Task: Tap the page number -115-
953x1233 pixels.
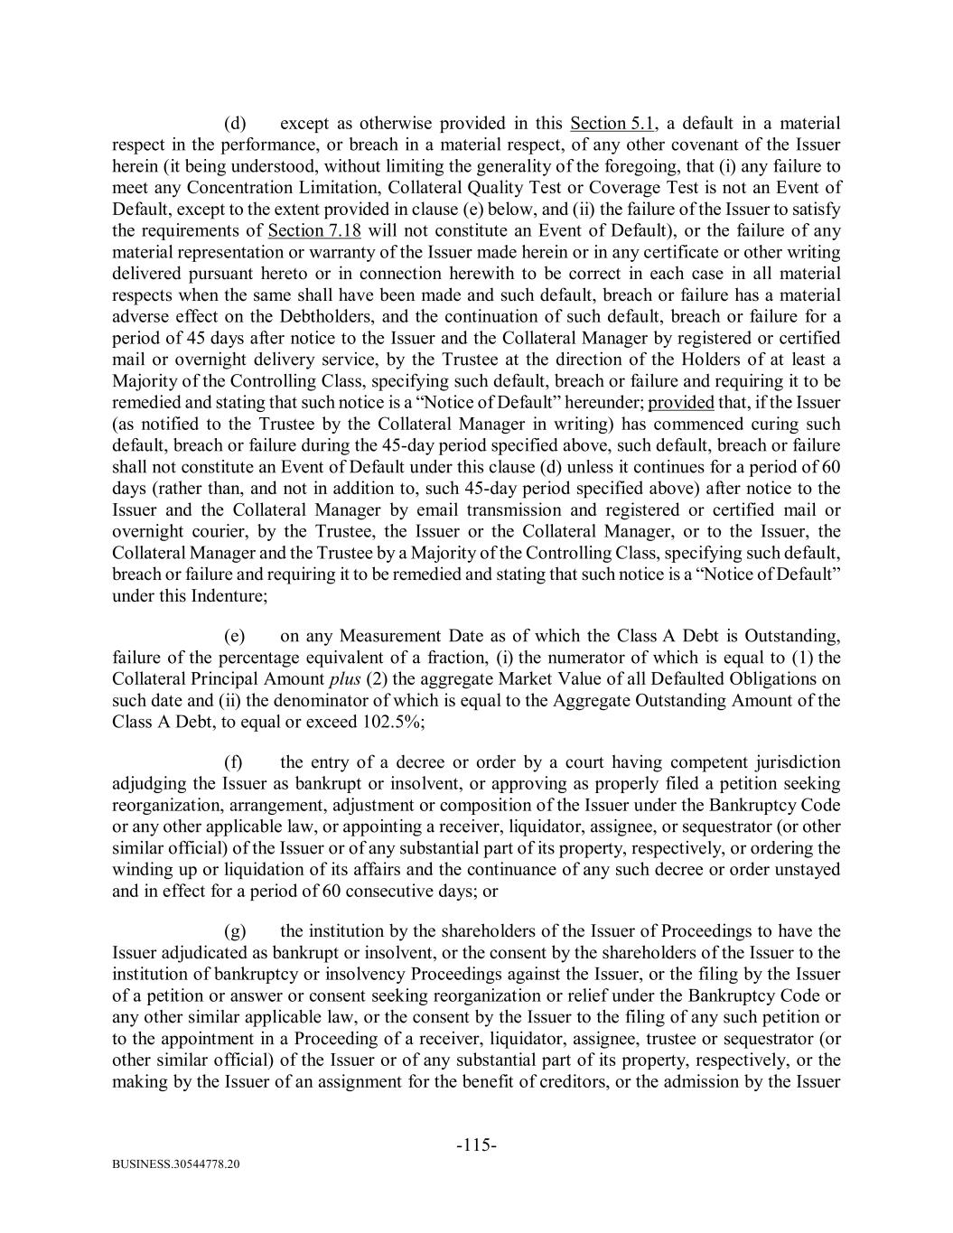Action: coord(476,1145)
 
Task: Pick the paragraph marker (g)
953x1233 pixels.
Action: coord(235,930)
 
